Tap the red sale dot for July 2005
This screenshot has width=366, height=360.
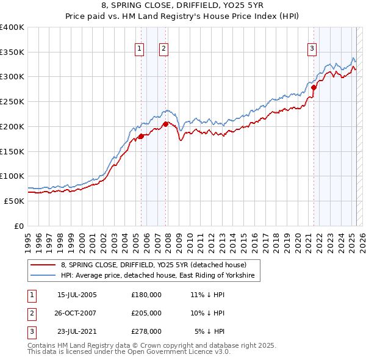[x=141, y=136]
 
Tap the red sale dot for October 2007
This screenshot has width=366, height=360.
[x=165, y=124]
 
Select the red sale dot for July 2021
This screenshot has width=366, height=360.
[x=314, y=87]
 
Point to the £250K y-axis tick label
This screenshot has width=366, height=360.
[x=12, y=101]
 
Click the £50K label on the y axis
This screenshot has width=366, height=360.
[x=14, y=201]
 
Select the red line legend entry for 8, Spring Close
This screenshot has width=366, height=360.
[x=153, y=265]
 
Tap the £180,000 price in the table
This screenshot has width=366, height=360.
[x=146, y=295]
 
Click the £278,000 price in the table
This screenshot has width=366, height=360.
[x=146, y=331]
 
